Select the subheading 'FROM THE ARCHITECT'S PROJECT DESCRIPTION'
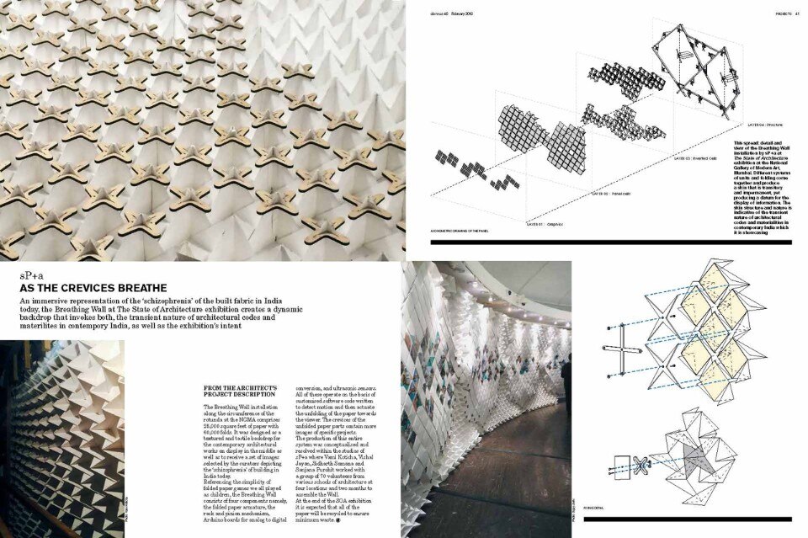click(240, 390)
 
